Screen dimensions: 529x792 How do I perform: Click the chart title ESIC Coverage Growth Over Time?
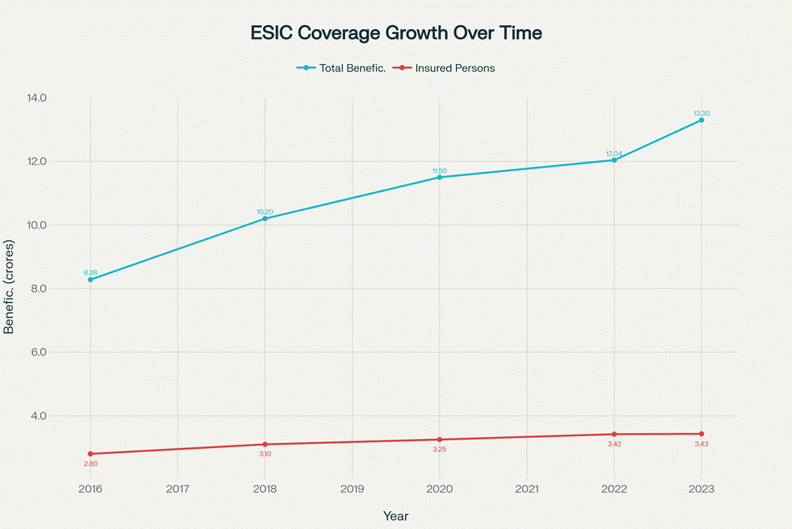[x=396, y=33]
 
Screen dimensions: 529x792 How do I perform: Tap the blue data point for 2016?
[x=90, y=280]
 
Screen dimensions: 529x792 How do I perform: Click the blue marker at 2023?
[x=701, y=120]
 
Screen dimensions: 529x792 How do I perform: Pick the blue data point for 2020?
[x=439, y=177]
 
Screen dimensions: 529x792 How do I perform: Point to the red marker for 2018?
[x=265, y=444]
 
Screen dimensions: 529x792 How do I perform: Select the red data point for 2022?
[x=614, y=434]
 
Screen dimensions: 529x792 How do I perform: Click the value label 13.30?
[x=701, y=113]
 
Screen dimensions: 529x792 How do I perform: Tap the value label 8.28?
[x=90, y=272]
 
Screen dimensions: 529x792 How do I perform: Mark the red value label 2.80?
[x=90, y=463]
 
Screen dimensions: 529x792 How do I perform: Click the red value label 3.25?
[x=439, y=450]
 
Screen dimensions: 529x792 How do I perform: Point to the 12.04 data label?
[x=614, y=153]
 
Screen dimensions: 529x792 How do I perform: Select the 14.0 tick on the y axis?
[x=36, y=98]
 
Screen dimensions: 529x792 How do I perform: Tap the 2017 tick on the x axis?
[x=178, y=489]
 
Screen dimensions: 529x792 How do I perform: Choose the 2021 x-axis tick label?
[x=527, y=489]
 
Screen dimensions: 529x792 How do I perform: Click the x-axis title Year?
[x=396, y=516]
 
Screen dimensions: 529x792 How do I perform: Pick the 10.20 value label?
[x=265, y=211]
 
